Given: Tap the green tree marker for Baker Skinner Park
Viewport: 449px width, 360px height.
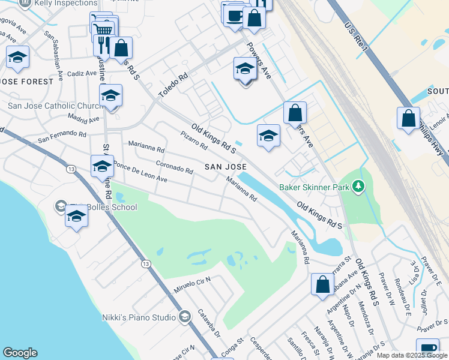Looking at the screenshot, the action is pyautogui.click(x=358, y=187).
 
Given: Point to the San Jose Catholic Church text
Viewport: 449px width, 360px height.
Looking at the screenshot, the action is pyautogui.click(x=55, y=106).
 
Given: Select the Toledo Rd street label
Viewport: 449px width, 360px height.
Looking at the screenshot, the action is pyautogui.click(x=173, y=86).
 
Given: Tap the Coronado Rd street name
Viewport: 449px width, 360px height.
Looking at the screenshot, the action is pyautogui.click(x=174, y=166).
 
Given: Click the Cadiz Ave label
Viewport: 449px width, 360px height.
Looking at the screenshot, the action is pyautogui.click(x=82, y=73).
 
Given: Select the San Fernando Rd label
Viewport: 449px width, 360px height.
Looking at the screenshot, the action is pyautogui.click(x=62, y=136).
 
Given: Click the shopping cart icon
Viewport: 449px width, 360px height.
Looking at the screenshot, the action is pyautogui.click(x=103, y=29).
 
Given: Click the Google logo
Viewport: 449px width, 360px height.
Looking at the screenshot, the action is pyautogui.click(x=20, y=353).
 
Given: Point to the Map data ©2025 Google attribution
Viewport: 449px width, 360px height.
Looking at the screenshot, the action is pyautogui.click(x=412, y=355).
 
